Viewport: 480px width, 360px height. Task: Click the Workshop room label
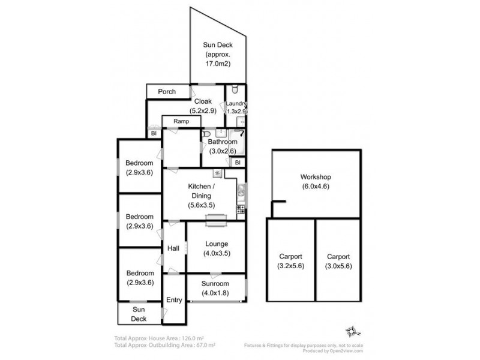pyautogui.click(x=316, y=181)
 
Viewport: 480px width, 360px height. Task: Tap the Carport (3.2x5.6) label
pyautogui.click(x=290, y=262)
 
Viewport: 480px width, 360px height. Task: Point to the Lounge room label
pyautogui.click(x=215, y=248)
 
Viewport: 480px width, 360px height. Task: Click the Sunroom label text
pyautogui.click(x=215, y=288)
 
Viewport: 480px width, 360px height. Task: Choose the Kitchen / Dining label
pyautogui.click(x=200, y=196)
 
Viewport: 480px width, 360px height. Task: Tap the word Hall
pyautogui.click(x=173, y=248)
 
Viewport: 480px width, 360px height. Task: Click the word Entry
pyautogui.click(x=174, y=300)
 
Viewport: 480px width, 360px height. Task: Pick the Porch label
pyautogui.click(x=167, y=92)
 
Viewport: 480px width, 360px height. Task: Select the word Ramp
pyautogui.click(x=181, y=121)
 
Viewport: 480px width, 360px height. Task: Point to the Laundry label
pyautogui.click(x=236, y=104)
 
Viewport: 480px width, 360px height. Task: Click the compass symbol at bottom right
pyautogui.click(x=352, y=331)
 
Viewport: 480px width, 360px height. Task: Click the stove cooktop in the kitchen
pyautogui.click(x=241, y=209)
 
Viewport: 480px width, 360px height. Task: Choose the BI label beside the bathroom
pyautogui.click(x=238, y=162)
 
